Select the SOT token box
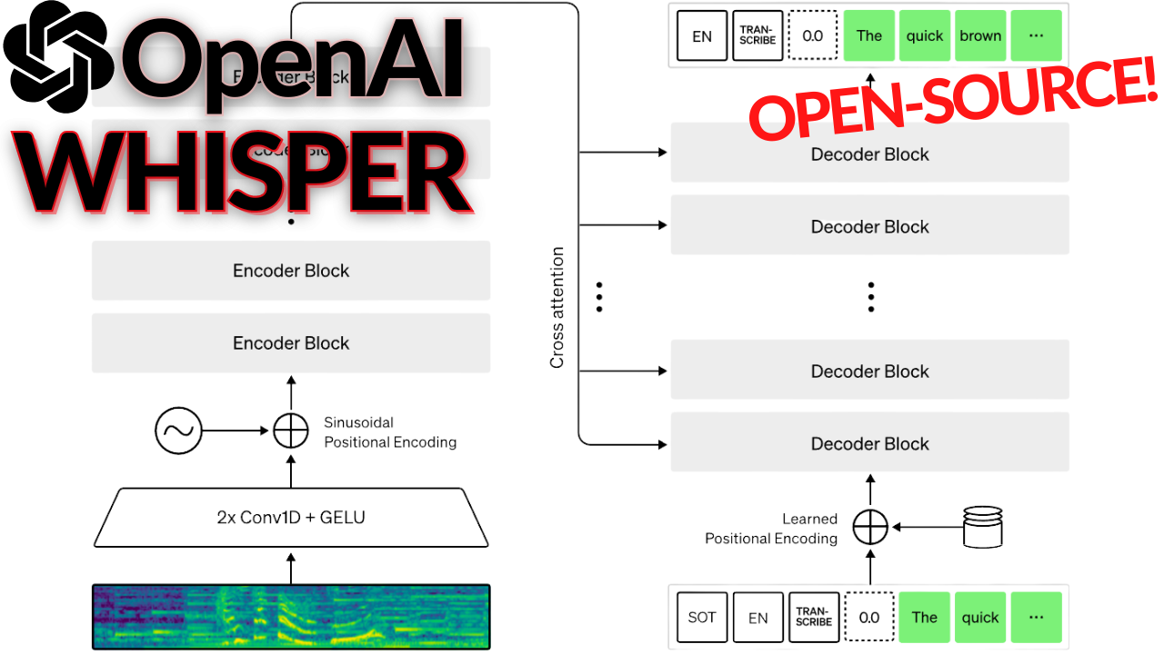(x=702, y=617)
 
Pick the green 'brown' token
(x=980, y=36)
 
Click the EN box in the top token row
(x=702, y=36)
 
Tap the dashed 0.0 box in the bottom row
(x=869, y=617)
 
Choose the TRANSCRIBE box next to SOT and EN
(x=813, y=617)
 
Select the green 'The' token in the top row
(x=869, y=36)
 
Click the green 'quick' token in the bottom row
(x=980, y=617)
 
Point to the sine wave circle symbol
(x=178, y=431)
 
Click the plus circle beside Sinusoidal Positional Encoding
(x=291, y=431)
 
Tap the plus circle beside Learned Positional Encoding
(x=870, y=526)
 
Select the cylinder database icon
(x=982, y=527)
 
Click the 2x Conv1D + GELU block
(x=291, y=518)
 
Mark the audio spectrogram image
(x=291, y=617)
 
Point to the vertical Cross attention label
(x=557, y=308)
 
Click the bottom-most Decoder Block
(x=869, y=443)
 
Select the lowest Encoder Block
(x=291, y=343)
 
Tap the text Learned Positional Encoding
(x=771, y=529)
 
